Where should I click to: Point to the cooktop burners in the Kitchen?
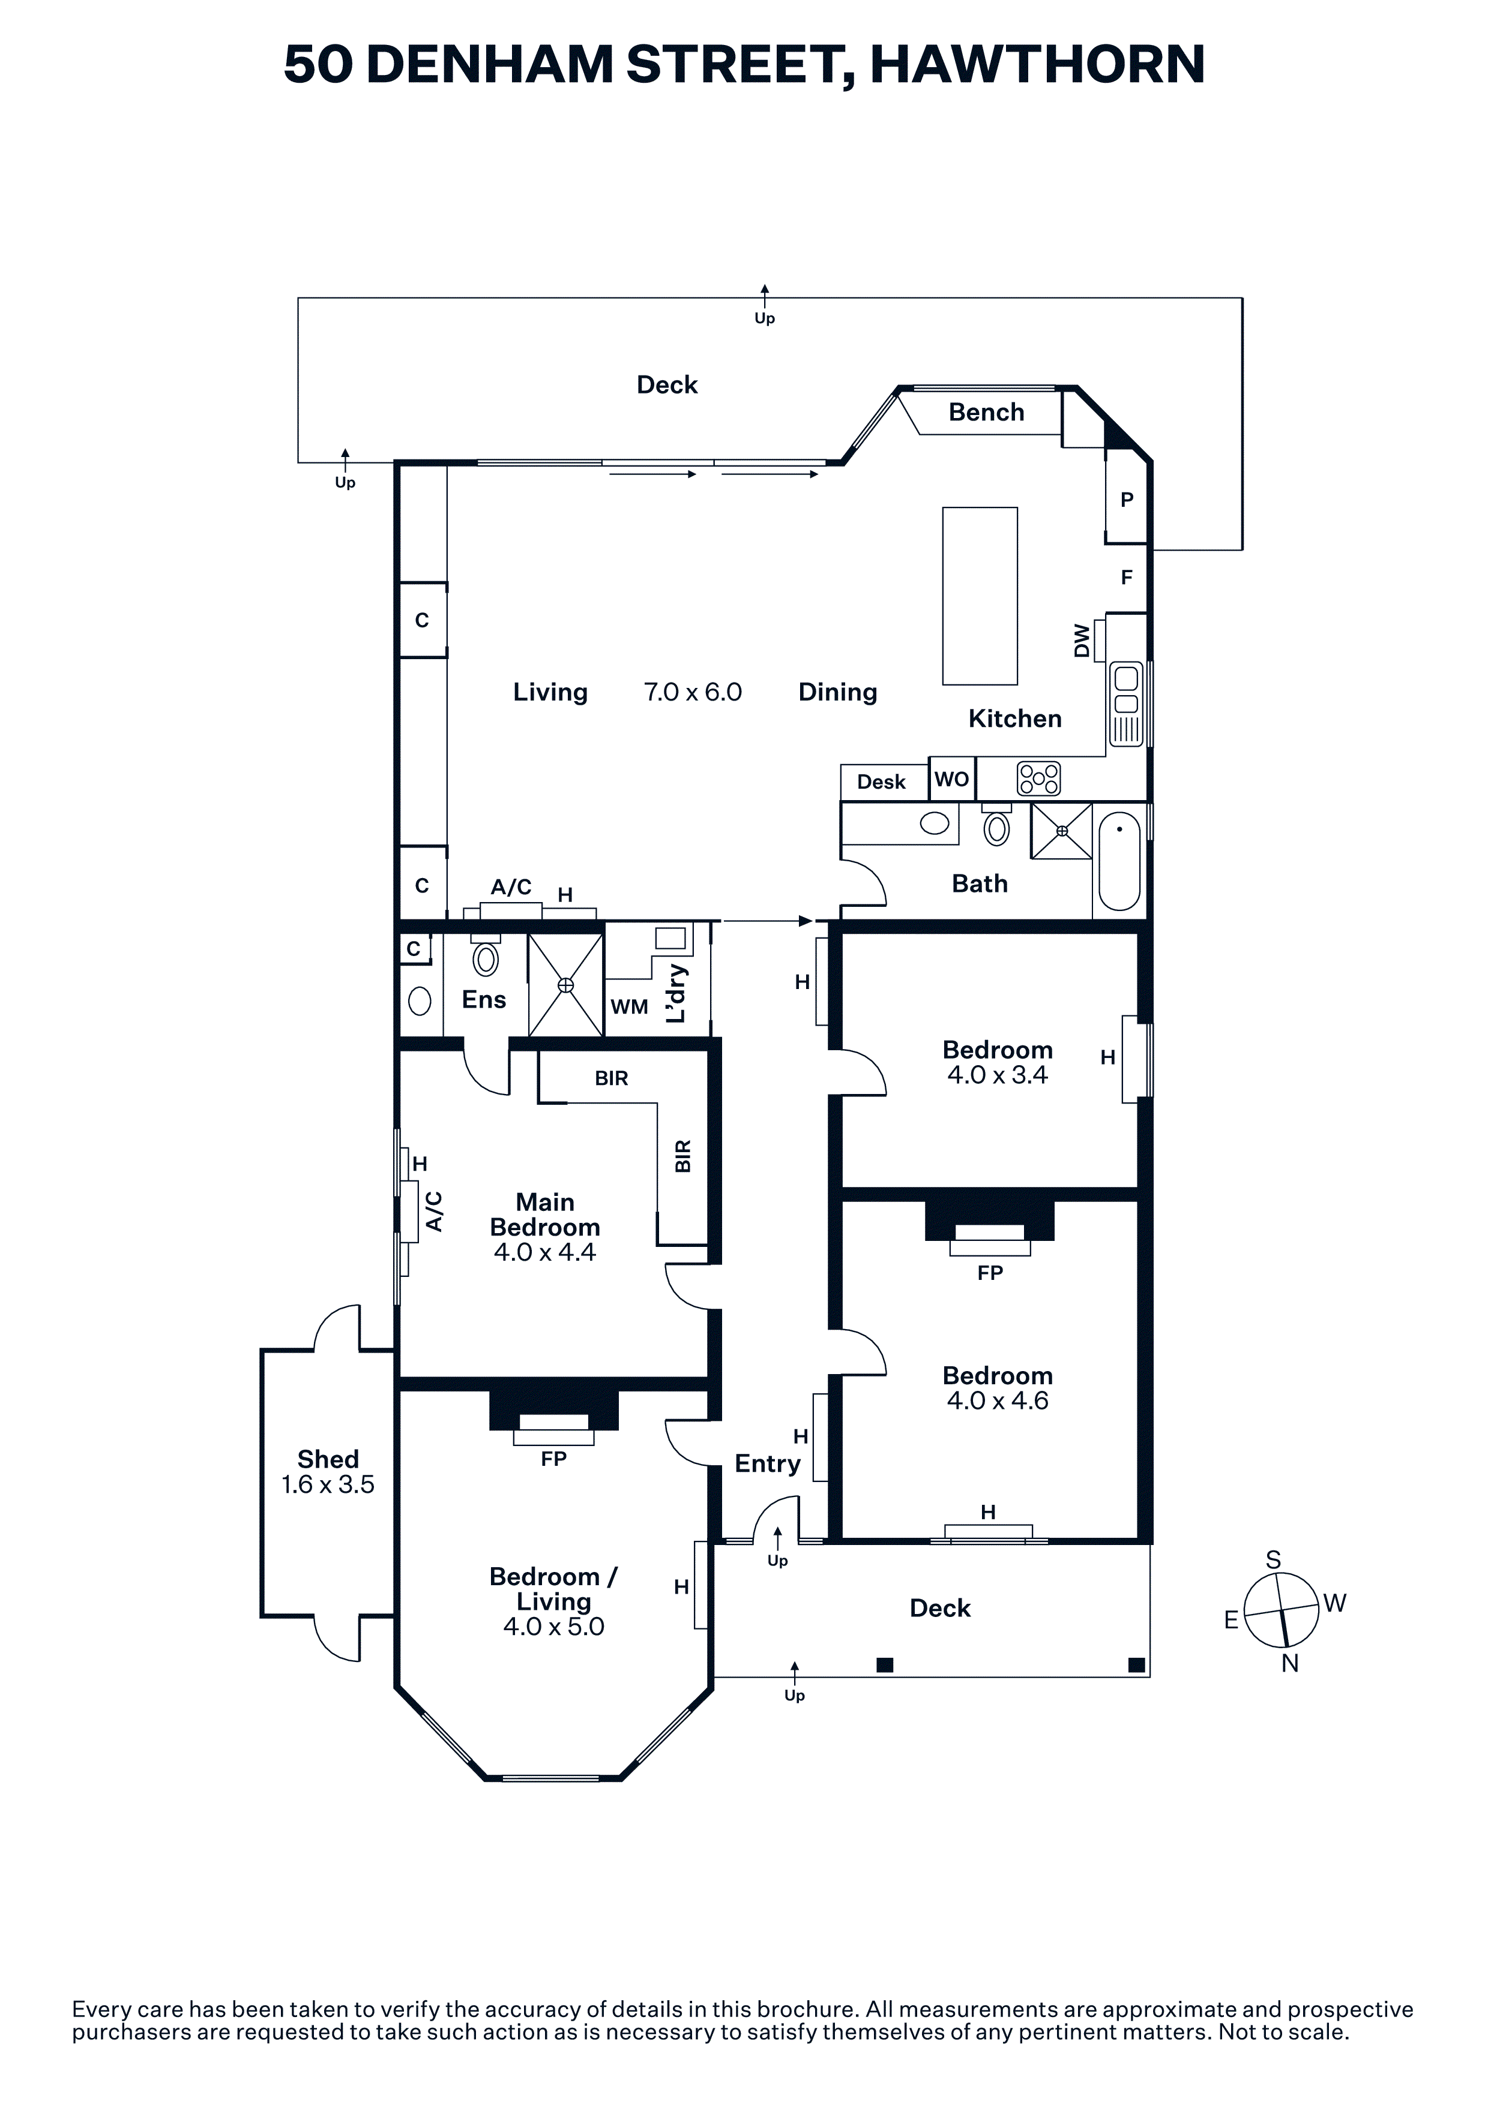tap(1039, 779)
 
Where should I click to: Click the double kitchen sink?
tap(1126, 704)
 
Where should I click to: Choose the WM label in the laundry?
tap(629, 1006)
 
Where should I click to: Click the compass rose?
tap(1282, 1610)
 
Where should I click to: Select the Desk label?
tap(881, 782)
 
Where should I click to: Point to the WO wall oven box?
tap(951, 779)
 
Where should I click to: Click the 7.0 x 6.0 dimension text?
tap(693, 692)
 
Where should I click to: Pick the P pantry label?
tap(1127, 500)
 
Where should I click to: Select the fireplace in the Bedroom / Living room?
tap(554, 1417)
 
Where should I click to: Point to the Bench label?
tap(987, 413)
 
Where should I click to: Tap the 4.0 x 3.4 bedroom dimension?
tap(998, 1075)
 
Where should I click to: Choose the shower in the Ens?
tap(565, 985)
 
